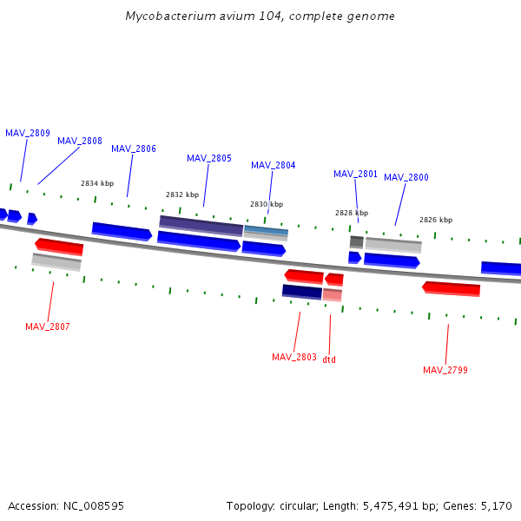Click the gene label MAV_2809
pos(28,133)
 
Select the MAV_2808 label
pos(80,141)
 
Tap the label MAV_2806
pos(134,148)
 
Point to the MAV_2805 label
pos(209,158)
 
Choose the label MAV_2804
pos(274,165)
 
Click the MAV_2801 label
pos(356,174)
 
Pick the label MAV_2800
pos(406,177)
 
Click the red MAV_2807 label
pos(48,326)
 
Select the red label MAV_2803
pos(294,357)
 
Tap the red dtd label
pos(329,359)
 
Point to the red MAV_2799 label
pos(445,370)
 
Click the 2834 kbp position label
pos(97,183)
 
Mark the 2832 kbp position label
pos(182,195)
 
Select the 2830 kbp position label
pos(267,204)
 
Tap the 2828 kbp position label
pos(352,213)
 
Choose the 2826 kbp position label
pos(436,220)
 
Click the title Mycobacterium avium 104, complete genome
pos(260,16)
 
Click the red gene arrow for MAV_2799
pos(452,288)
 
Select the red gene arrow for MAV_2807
pos(59,247)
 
